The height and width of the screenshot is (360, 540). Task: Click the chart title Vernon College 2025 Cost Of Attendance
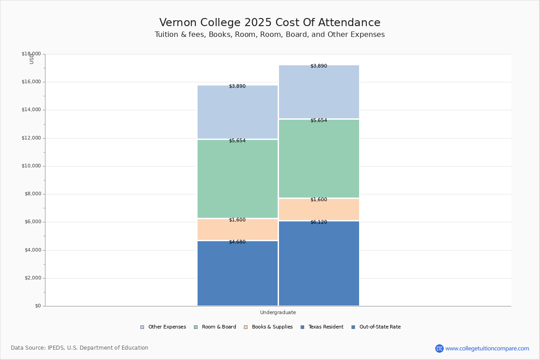[x=270, y=23]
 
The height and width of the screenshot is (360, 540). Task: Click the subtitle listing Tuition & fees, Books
[x=270, y=35]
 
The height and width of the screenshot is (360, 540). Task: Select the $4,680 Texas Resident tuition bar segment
[x=238, y=274]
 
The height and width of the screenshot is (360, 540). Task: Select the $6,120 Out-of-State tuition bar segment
[x=319, y=263]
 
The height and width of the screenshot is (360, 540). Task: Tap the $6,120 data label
[x=319, y=222]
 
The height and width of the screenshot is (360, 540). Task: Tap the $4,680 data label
[x=237, y=242]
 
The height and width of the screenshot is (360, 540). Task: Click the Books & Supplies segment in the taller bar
[x=319, y=210]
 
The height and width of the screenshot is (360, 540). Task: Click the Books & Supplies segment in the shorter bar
[x=238, y=230]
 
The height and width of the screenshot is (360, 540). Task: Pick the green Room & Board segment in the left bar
[x=238, y=179]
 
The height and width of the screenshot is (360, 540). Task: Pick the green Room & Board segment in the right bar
[x=319, y=159]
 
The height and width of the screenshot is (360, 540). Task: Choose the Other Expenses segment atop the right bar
[x=319, y=92]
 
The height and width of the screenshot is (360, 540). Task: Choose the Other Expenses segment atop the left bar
[x=238, y=112]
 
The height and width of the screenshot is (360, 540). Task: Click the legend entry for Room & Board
[x=215, y=327]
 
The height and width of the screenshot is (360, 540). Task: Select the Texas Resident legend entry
[x=322, y=327]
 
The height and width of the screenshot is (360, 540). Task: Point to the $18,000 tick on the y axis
[x=31, y=54]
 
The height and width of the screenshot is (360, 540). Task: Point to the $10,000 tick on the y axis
[x=31, y=166]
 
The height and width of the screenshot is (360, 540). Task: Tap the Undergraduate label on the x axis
[x=278, y=312]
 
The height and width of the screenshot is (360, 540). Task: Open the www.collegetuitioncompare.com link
[x=487, y=348]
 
